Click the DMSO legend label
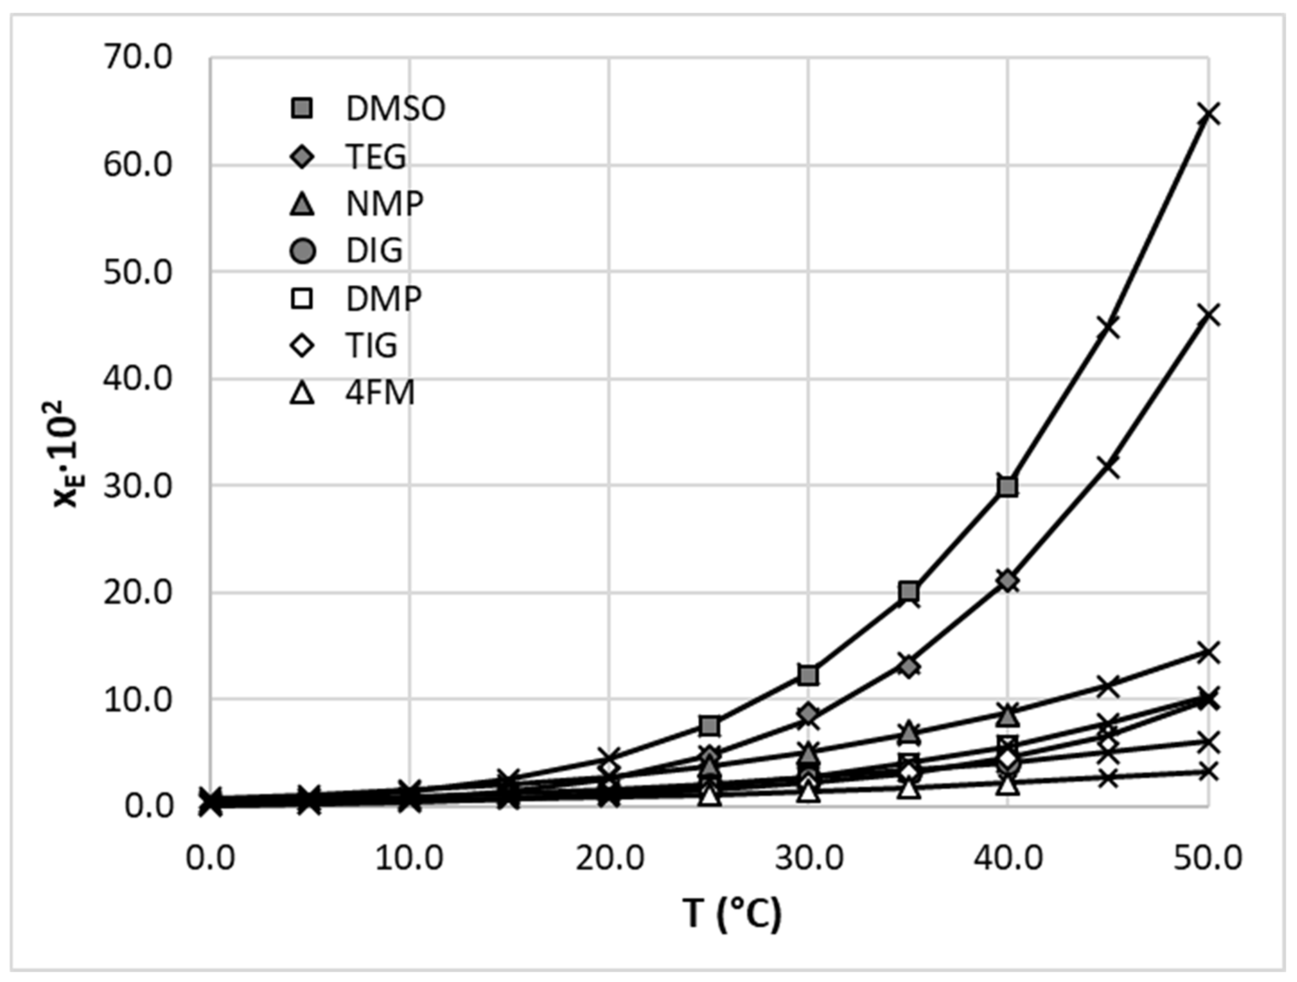tap(396, 109)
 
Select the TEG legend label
tap(376, 157)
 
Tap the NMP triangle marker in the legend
tap(303, 205)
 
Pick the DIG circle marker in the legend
tap(303, 252)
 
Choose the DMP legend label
tap(384, 299)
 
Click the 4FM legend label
tap(381, 393)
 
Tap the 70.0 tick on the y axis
tap(138, 58)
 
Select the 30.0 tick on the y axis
tap(138, 486)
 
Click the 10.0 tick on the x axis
tap(409, 859)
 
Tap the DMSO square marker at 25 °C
tap(710, 726)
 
